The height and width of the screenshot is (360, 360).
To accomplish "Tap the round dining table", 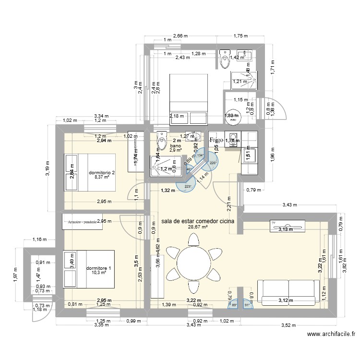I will coord(193,264).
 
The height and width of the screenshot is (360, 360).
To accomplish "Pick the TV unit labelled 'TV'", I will coord(288,225).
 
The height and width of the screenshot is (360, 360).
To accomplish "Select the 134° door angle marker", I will coord(200,155).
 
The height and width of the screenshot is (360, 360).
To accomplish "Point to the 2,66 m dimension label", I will coord(180,35).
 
